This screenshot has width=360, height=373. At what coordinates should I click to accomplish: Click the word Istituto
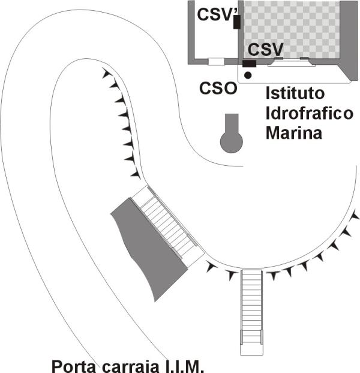[x=295, y=94]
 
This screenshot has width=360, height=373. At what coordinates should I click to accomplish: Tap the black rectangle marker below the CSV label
[x=249, y=63]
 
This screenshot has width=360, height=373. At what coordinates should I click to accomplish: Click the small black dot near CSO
[x=248, y=74]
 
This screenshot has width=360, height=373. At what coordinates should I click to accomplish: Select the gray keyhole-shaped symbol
[x=232, y=137]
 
